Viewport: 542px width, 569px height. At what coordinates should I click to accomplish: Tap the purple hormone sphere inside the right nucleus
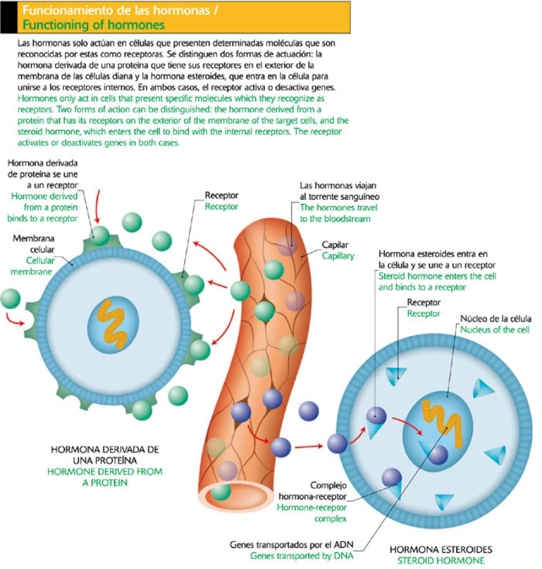438,454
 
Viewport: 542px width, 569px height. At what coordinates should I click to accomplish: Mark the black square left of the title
7,17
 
